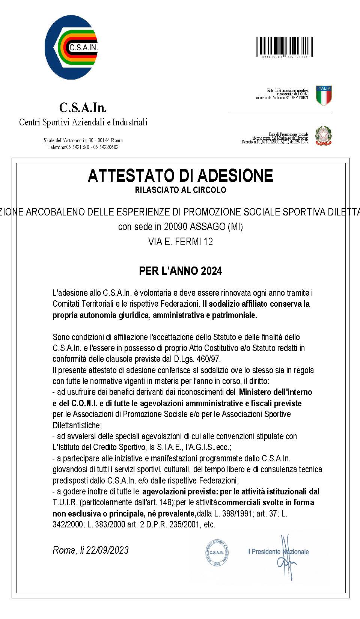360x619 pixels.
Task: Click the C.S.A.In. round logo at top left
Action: [x=71, y=47]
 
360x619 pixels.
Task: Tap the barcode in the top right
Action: [x=285, y=47]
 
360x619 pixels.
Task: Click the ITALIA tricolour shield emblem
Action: [x=324, y=95]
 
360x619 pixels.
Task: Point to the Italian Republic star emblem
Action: [x=323, y=136]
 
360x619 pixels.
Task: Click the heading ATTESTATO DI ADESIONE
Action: [x=180, y=176]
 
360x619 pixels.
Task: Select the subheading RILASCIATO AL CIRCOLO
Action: [x=180, y=190]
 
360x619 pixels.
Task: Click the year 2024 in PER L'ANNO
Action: [x=211, y=271]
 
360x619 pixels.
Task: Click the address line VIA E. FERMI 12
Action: [x=180, y=242]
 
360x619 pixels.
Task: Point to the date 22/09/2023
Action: [x=107, y=550]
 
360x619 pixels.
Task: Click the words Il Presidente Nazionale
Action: [x=278, y=551]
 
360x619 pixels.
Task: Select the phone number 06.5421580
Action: [x=78, y=147]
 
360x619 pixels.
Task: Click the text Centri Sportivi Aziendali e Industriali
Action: [x=83, y=122]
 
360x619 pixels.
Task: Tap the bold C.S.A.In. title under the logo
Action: [x=83, y=108]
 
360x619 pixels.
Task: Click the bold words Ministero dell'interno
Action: [x=275, y=392]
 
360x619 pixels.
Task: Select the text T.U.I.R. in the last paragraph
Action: [x=65, y=502]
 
